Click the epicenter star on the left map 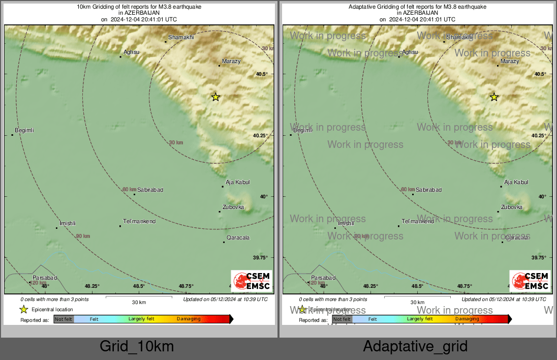pyautogui.click(x=215, y=97)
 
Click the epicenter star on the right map pyautogui.click(x=494, y=97)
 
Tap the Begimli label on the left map pyautogui.click(x=24, y=131)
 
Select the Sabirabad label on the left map pyautogui.click(x=150, y=190)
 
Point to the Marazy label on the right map pyautogui.click(x=510, y=61)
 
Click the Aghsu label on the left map pyautogui.click(x=132, y=52)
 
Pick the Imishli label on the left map pyautogui.click(x=67, y=223)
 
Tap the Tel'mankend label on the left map pyautogui.click(x=139, y=222)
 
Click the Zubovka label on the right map pyautogui.click(x=512, y=207)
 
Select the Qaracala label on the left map pyautogui.click(x=238, y=237)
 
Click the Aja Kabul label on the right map pyautogui.click(x=516, y=182)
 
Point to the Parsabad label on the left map pyautogui.click(x=45, y=278)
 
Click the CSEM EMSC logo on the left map pyautogui.click(x=252, y=281)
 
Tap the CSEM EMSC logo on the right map pyautogui.click(x=530, y=281)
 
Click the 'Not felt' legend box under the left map pyautogui.click(x=64, y=319)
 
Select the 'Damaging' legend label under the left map pyautogui.click(x=189, y=319)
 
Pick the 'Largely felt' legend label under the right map pyautogui.click(x=420, y=319)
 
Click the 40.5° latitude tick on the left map pyautogui.click(x=262, y=74)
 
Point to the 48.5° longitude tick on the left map pyautogui.click(x=139, y=286)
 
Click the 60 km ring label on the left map pyautogui.click(x=130, y=190)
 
